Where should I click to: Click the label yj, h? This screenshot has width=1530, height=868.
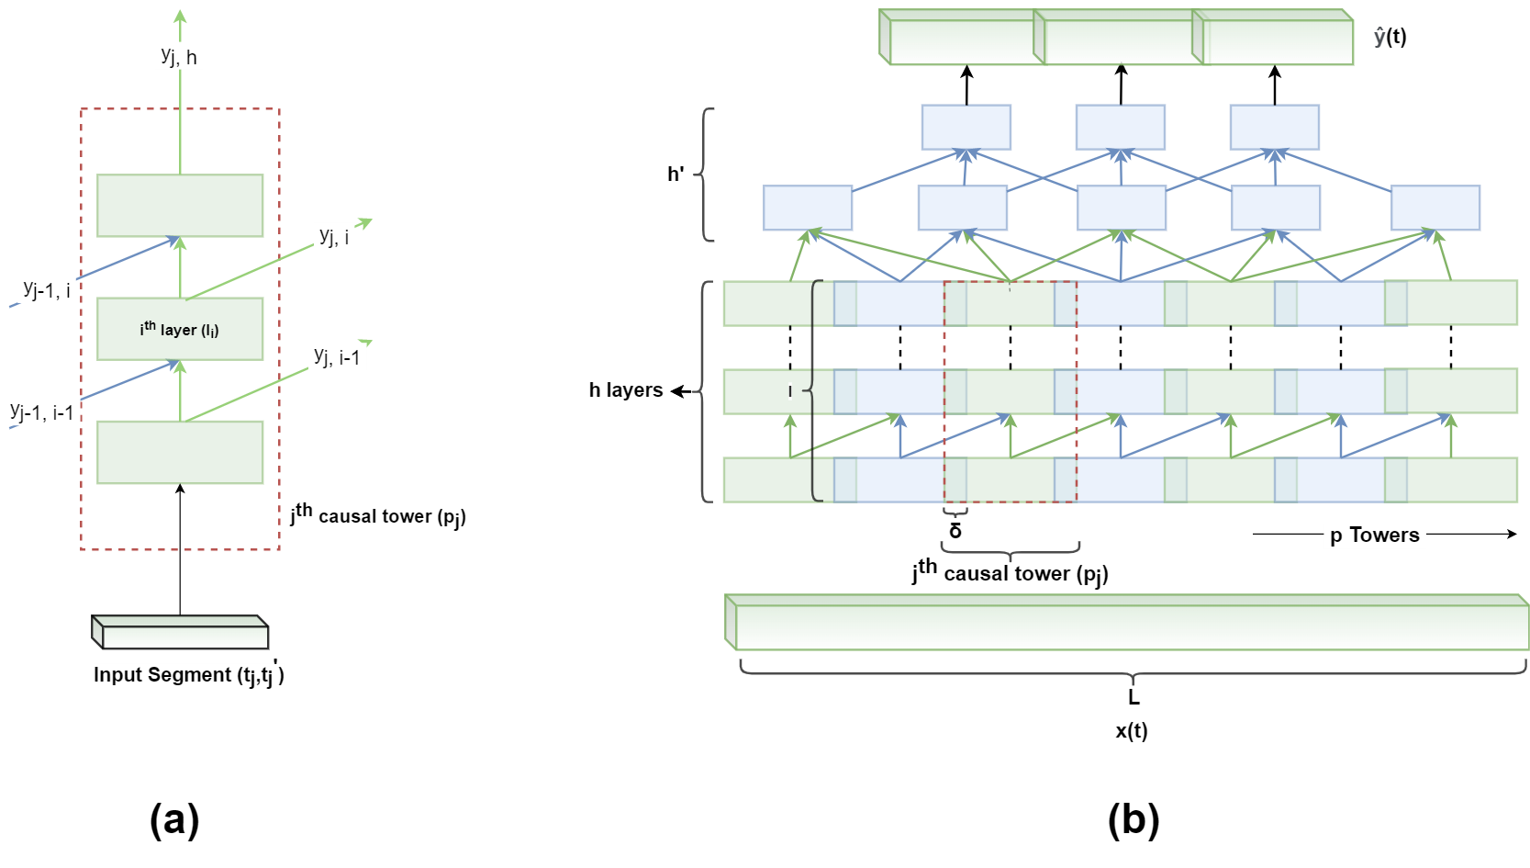[179, 56]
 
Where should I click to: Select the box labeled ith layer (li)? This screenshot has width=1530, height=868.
[180, 329]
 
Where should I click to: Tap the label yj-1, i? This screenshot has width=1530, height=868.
[46, 290]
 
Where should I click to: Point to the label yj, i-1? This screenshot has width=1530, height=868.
[337, 356]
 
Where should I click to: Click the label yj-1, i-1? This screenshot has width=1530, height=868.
[42, 412]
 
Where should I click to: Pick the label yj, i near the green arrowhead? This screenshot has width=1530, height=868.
[334, 236]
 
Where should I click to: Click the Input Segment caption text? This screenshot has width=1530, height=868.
[189, 675]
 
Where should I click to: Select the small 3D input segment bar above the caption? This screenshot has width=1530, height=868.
[181, 633]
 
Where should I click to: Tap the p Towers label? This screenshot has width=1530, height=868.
[1374, 535]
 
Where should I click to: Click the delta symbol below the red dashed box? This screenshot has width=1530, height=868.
[955, 531]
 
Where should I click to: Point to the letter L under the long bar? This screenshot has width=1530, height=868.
[1134, 697]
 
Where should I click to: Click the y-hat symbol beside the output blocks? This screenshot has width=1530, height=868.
[1379, 38]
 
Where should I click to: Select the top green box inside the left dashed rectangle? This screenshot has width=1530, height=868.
[180, 206]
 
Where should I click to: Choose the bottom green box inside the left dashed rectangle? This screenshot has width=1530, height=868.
[180, 452]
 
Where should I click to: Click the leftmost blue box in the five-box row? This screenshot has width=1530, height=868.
[808, 208]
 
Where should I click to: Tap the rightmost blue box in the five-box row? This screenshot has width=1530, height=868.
[1435, 208]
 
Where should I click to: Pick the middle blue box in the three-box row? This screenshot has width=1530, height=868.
[1121, 128]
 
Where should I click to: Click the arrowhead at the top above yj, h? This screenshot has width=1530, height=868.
[180, 16]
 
